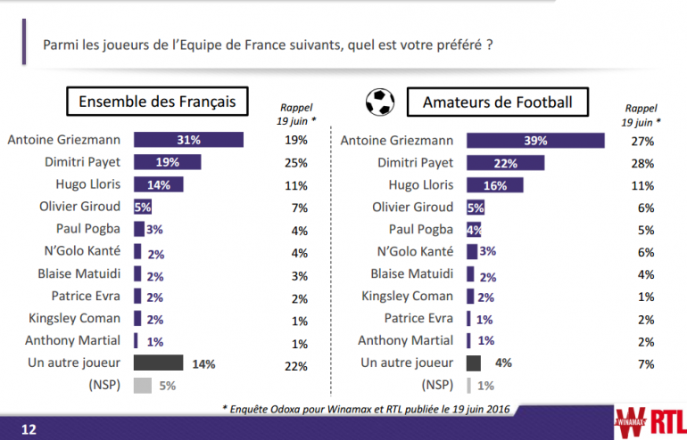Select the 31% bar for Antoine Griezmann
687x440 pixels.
click(188, 140)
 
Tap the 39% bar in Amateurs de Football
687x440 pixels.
click(535, 141)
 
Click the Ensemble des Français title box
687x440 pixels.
click(157, 102)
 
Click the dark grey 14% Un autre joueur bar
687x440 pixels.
click(158, 363)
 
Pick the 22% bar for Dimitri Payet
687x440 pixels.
click(505, 163)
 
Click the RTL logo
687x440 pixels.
click(660, 419)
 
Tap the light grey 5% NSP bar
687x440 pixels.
click(142, 386)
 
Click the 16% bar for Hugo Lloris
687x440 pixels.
click(494, 185)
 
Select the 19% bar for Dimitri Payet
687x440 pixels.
click(167, 162)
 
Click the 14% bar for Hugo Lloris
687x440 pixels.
click(158, 184)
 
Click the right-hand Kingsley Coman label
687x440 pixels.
click(408, 297)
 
